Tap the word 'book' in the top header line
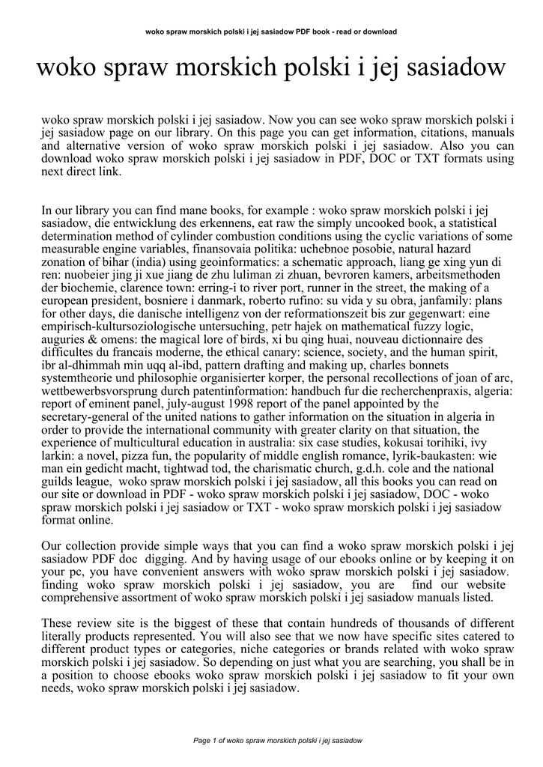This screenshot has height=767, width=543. [x=333, y=31]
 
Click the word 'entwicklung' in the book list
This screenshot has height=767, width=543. [x=148, y=225]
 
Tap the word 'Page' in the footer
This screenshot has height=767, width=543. [x=202, y=741]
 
